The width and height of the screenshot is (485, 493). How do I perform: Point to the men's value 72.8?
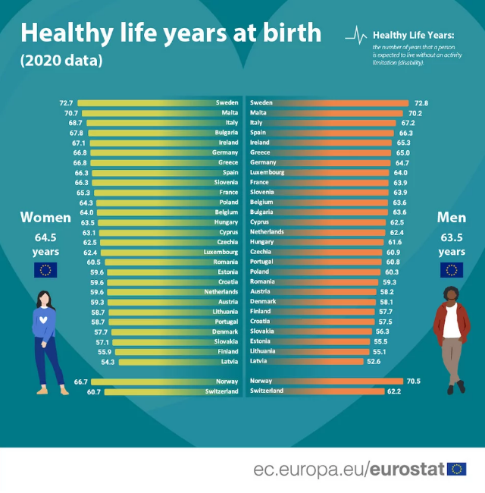click(x=422, y=102)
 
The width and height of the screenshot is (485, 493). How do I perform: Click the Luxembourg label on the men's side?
click(x=267, y=172)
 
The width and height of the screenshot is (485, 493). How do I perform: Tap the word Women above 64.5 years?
click(x=45, y=218)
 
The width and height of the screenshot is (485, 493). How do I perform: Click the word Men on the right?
click(x=452, y=218)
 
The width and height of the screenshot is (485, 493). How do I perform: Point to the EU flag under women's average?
click(x=45, y=270)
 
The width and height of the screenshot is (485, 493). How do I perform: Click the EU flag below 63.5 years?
click(x=452, y=270)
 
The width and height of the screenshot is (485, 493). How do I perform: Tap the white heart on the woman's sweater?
click(x=44, y=319)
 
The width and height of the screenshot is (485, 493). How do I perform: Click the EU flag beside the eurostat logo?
click(x=457, y=469)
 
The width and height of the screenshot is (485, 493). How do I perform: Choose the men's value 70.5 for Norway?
click(x=414, y=381)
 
